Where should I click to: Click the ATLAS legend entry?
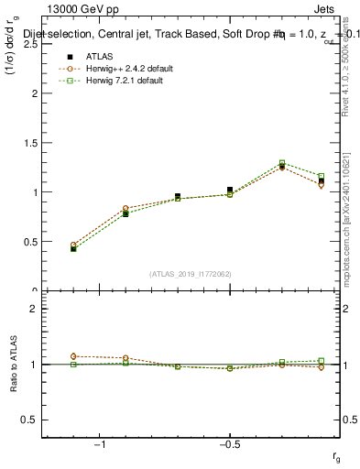pyautogui.click(x=99, y=58)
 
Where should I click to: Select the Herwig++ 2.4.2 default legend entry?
pyautogui.click(x=129, y=69)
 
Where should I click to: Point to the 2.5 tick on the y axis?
pyautogui.click(x=32, y=43)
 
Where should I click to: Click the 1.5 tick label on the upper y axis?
pyautogui.click(x=32, y=142)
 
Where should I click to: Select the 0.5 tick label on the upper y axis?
pyautogui.click(x=32, y=242)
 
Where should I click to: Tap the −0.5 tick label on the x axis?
pyautogui.click(x=228, y=443)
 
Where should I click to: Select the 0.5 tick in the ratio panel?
pyautogui.click(x=32, y=420)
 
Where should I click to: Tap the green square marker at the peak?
pyautogui.click(x=282, y=163)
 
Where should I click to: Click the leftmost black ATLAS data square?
pyautogui.click(x=73, y=248)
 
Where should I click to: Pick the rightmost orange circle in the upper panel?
pyautogui.click(x=321, y=185)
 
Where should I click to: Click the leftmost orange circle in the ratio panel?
pyautogui.click(x=73, y=355)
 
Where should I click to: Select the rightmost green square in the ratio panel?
pyautogui.click(x=321, y=360)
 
